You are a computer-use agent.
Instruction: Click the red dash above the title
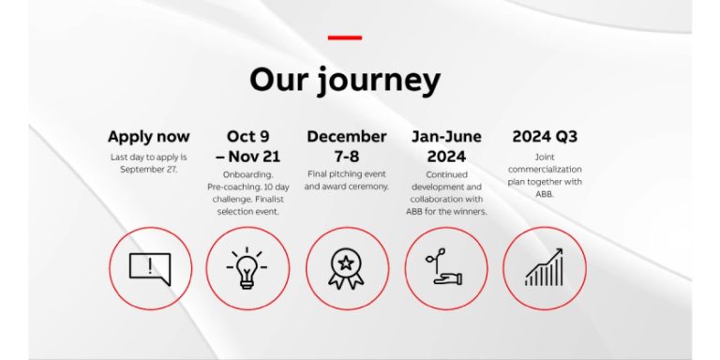(344, 37)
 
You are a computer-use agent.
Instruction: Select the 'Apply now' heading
(148, 137)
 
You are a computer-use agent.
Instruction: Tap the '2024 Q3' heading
(544, 137)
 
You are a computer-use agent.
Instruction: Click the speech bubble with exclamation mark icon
(150, 269)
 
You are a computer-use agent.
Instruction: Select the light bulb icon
(247, 269)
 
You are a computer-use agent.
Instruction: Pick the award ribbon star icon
(346, 269)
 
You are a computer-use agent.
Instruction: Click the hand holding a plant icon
(445, 269)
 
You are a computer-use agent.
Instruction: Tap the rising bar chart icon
(544, 269)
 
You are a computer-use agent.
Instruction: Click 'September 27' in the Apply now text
(148, 169)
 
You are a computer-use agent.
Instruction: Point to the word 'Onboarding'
(247, 174)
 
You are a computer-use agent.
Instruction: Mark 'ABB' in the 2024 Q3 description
(544, 194)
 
